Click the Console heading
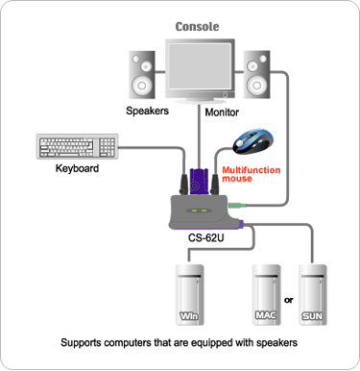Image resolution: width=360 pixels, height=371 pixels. pos(197,27)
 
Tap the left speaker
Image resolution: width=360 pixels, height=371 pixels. pos(142,75)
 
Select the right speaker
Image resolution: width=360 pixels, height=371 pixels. pos(256,74)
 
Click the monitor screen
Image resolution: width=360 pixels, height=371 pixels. pos(200,66)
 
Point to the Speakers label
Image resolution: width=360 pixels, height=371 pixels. pos(147,111)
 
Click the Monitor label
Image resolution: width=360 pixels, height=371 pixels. pos(222,112)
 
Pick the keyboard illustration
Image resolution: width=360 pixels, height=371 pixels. pos(77,146)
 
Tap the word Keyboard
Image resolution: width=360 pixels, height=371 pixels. pos(77,168)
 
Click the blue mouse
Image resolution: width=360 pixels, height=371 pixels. pos(253,141)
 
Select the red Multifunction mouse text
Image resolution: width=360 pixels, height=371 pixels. pos(252,174)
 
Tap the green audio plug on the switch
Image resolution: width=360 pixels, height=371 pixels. pos(237,206)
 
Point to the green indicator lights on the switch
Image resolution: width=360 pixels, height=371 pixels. pos(200,210)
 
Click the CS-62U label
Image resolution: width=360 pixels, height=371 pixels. pos(205,238)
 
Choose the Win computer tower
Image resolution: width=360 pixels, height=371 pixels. pos(189,295)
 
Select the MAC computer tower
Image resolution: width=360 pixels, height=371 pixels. pos(266,295)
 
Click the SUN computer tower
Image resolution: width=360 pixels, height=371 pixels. pos(313,295)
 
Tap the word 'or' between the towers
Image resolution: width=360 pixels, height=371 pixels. pos(289,300)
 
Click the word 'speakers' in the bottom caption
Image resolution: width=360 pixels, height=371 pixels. pos(276,343)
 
